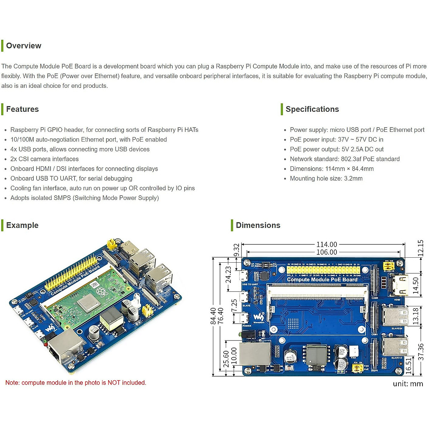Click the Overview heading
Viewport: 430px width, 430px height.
[24, 46]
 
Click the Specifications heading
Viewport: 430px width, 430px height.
[312, 109]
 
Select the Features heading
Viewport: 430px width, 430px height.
[22, 109]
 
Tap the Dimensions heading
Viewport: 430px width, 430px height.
[258, 225]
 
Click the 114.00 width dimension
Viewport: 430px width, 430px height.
[326, 244]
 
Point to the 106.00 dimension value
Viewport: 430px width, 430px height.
[326, 252]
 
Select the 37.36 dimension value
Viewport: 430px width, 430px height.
[421, 352]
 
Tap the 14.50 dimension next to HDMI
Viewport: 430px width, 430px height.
[416, 286]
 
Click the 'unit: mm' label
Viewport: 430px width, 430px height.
[408, 384]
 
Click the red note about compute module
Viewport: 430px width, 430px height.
[76, 383]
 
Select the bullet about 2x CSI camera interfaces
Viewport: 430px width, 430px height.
[44, 159]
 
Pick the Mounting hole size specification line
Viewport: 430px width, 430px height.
[326, 178]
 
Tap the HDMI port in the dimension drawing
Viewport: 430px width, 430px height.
[400, 285]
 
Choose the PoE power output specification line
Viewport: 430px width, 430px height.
[336, 149]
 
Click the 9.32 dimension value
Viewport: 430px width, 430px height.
[236, 250]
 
